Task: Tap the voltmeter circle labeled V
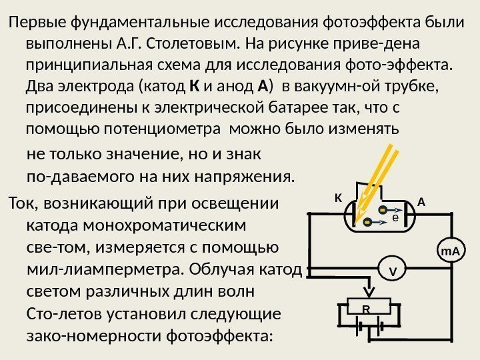click(393, 271)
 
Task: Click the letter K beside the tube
click(337, 199)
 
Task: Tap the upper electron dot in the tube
click(383, 211)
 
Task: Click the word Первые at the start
click(32, 24)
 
